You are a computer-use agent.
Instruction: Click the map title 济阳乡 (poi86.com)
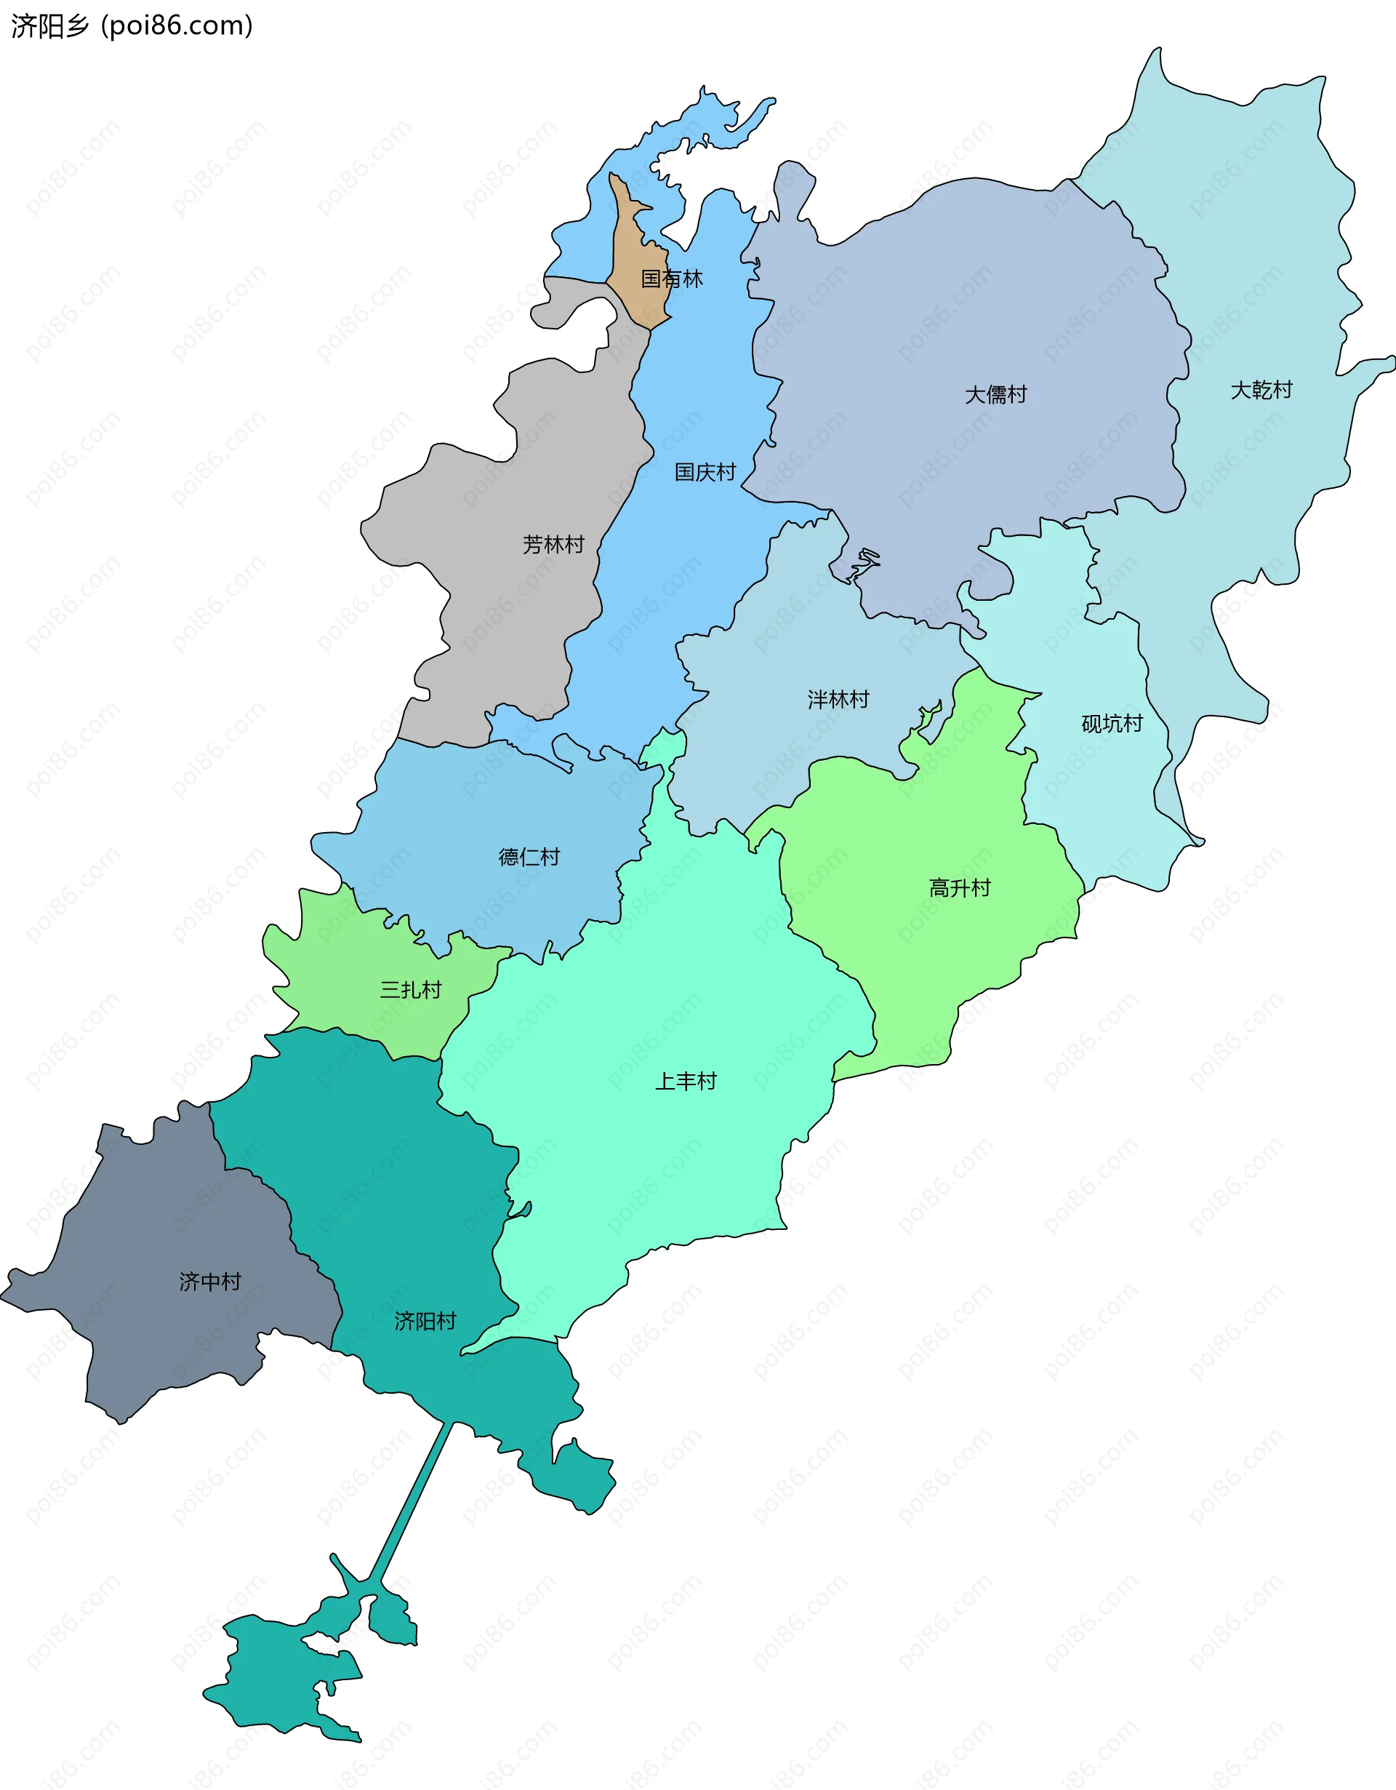(131, 26)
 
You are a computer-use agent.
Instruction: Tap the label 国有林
(671, 279)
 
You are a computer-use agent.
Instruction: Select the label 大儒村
(995, 394)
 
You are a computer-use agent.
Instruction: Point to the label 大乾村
(1261, 389)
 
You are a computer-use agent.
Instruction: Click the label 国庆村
(705, 471)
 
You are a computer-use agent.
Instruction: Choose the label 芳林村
(553, 543)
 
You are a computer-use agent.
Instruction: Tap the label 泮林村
(838, 699)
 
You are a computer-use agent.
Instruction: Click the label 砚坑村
(1112, 723)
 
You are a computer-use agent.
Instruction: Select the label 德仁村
(529, 857)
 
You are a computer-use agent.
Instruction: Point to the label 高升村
(959, 887)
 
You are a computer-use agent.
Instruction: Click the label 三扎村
(411, 989)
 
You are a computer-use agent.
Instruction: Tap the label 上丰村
(685, 1081)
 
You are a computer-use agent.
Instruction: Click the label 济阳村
(425, 1320)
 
